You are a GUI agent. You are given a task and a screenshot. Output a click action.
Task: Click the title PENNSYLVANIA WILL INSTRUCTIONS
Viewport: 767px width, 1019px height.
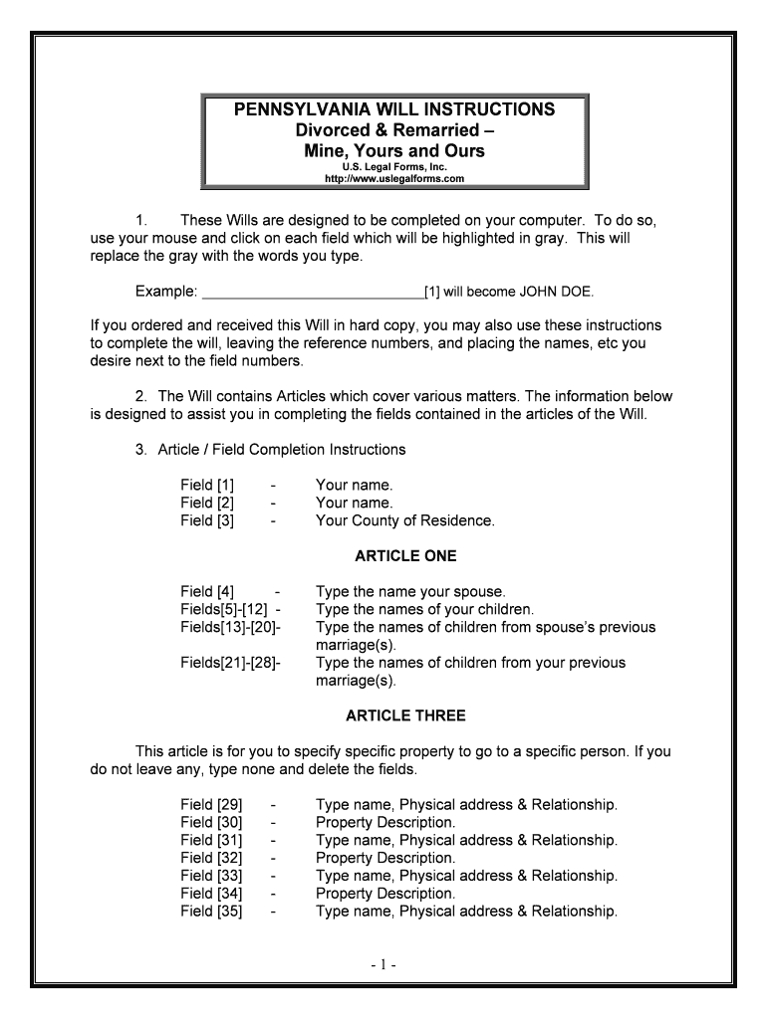(x=394, y=109)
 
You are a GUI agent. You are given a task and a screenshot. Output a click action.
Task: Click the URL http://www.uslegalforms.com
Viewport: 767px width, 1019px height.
(x=394, y=179)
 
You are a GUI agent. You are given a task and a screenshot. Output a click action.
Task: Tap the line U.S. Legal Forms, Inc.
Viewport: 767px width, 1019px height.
(x=394, y=167)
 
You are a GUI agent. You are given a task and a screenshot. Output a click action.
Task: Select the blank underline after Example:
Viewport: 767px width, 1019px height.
(x=312, y=293)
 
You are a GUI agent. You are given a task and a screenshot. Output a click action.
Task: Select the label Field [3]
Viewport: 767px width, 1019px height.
(x=207, y=520)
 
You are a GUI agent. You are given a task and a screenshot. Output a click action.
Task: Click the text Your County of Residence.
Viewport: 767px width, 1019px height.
(x=404, y=520)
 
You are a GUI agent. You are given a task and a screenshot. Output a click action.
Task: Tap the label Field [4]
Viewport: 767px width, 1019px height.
(x=207, y=592)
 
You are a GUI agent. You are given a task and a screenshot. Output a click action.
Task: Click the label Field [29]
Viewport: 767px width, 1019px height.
(x=211, y=804)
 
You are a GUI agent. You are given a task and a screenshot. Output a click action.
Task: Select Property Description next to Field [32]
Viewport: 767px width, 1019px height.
(x=385, y=858)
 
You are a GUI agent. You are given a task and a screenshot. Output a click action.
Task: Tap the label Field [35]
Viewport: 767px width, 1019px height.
(x=211, y=911)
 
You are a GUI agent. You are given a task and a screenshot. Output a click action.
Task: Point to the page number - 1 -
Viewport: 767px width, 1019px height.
(x=383, y=965)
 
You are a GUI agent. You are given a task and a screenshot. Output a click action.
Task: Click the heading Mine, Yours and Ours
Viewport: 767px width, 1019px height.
(x=394, y=151)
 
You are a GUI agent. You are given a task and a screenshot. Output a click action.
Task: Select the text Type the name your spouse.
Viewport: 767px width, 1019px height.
(x=410, y=592)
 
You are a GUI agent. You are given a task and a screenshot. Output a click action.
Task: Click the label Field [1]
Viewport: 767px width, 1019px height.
(x=207, y=485)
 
